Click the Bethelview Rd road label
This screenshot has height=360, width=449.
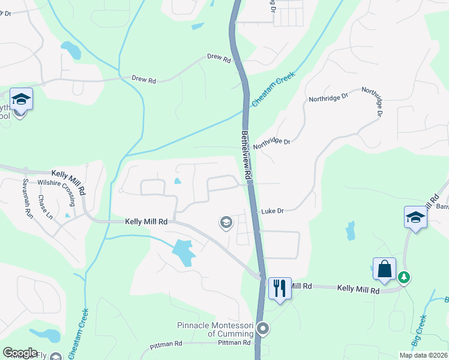(246, 153)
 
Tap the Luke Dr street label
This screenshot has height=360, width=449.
(272, 211)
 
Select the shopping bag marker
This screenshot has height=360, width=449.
(384, 269)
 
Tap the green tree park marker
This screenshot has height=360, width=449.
(405, 277)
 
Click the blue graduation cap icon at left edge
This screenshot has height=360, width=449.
(21, 99)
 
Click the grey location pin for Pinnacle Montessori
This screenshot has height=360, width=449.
(262, 328)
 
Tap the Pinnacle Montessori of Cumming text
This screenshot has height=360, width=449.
(214, 329)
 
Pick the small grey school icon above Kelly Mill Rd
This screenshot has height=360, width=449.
(226, 223)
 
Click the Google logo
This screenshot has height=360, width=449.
(20, 353)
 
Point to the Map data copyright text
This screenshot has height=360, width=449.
(423, 355)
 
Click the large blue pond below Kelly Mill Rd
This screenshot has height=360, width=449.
(183, 252)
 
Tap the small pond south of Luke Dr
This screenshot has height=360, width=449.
(350, 230)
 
